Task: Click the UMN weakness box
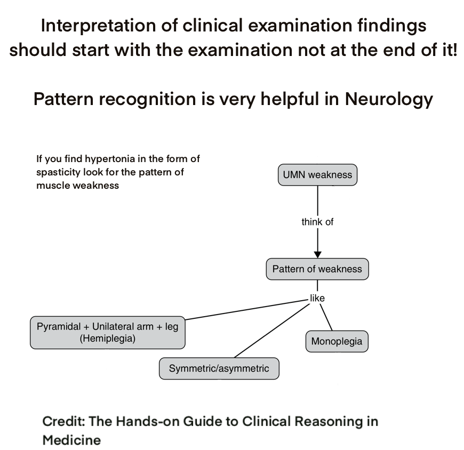(317, 175)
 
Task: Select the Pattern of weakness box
(317, 269)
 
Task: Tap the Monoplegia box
(337, 341)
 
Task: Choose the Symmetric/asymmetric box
(219, 368)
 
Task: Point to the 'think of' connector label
(317, 222)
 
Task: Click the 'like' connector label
(317, 298)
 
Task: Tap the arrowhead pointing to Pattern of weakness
(317, 254)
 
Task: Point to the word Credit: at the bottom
(63, 422)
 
